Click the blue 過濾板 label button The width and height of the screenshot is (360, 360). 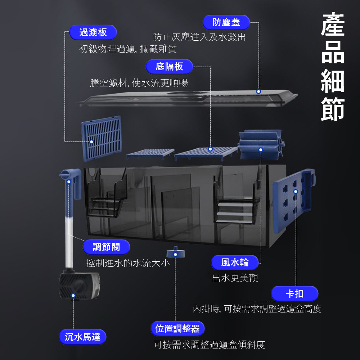[x=93, y=32]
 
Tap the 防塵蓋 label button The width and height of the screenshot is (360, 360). [x=226, y=22]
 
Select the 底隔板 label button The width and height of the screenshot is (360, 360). [x=169, y=67]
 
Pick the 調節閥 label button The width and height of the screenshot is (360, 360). [x=106, y=247]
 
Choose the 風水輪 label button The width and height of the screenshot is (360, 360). [x=235, y=262]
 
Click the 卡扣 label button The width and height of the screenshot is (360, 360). [x=294, y=294]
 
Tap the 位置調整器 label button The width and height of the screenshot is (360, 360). [x=177, y=329]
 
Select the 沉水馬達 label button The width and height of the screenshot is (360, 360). [x=83, y=337]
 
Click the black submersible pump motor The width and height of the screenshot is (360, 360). [x=79, y=286]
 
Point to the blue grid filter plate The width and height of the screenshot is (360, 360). [x=102, y=138]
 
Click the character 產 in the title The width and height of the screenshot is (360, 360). [x=333, y=25]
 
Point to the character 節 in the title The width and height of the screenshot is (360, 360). [x=333, y=107]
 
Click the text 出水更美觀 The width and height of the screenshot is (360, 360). [x=235, y=278]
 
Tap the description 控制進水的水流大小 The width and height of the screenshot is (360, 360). [x=127, y=263]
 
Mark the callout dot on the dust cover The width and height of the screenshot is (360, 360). [x=258, y=92]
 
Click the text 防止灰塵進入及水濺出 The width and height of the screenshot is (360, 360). [x=199, y=37]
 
